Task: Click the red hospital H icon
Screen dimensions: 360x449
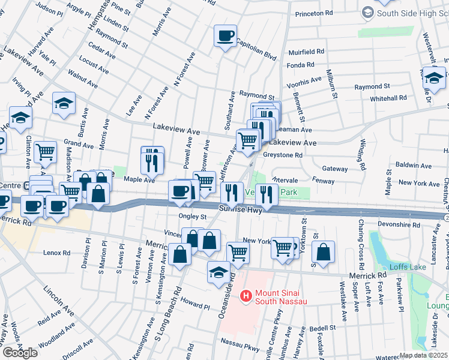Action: click(x=245, y=296)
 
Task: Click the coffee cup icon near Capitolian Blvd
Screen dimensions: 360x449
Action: click(x=226, y=36)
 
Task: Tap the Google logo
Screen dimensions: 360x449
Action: click(x=20, y=352)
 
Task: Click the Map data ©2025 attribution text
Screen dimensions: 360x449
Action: click(x=423, y=355)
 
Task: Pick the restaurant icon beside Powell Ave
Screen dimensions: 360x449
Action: click(x=152, y=159)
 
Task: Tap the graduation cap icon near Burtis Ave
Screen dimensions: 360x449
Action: click(x=64, y=104)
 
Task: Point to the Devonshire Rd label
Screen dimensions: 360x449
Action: click(x=398, y=224)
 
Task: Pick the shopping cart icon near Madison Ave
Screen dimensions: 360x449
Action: click(x=46, y=153)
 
